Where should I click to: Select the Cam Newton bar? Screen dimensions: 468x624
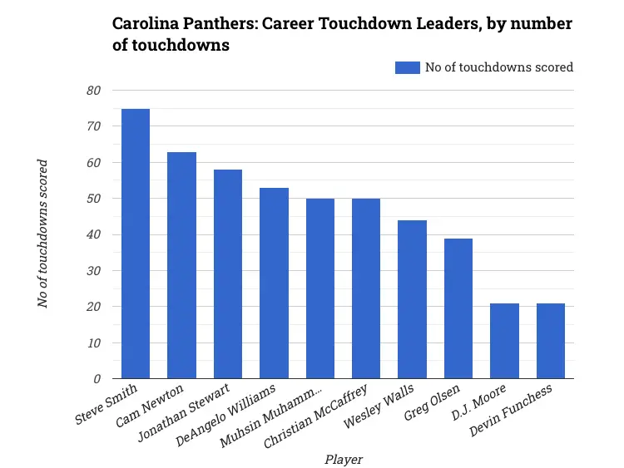click(181, 265)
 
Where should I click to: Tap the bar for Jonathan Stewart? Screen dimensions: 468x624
click(228, 274)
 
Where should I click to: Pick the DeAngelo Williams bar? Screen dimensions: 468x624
click(274, 283)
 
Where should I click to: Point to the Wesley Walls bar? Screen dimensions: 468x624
click(412, 299)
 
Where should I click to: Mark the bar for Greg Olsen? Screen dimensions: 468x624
click(458, 308)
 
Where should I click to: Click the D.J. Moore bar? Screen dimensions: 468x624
click(504, 341)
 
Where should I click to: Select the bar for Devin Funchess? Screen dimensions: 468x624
click(551, 341)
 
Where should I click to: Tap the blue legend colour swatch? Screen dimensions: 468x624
click(408, 67)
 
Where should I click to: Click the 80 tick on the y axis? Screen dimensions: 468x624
click(94, 91)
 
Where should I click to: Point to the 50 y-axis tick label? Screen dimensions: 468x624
click(94, 199)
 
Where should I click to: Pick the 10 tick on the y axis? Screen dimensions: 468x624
click(94, 342)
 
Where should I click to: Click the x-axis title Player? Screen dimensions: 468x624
click(343, 459)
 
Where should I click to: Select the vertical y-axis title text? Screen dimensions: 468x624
click(43, 234)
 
